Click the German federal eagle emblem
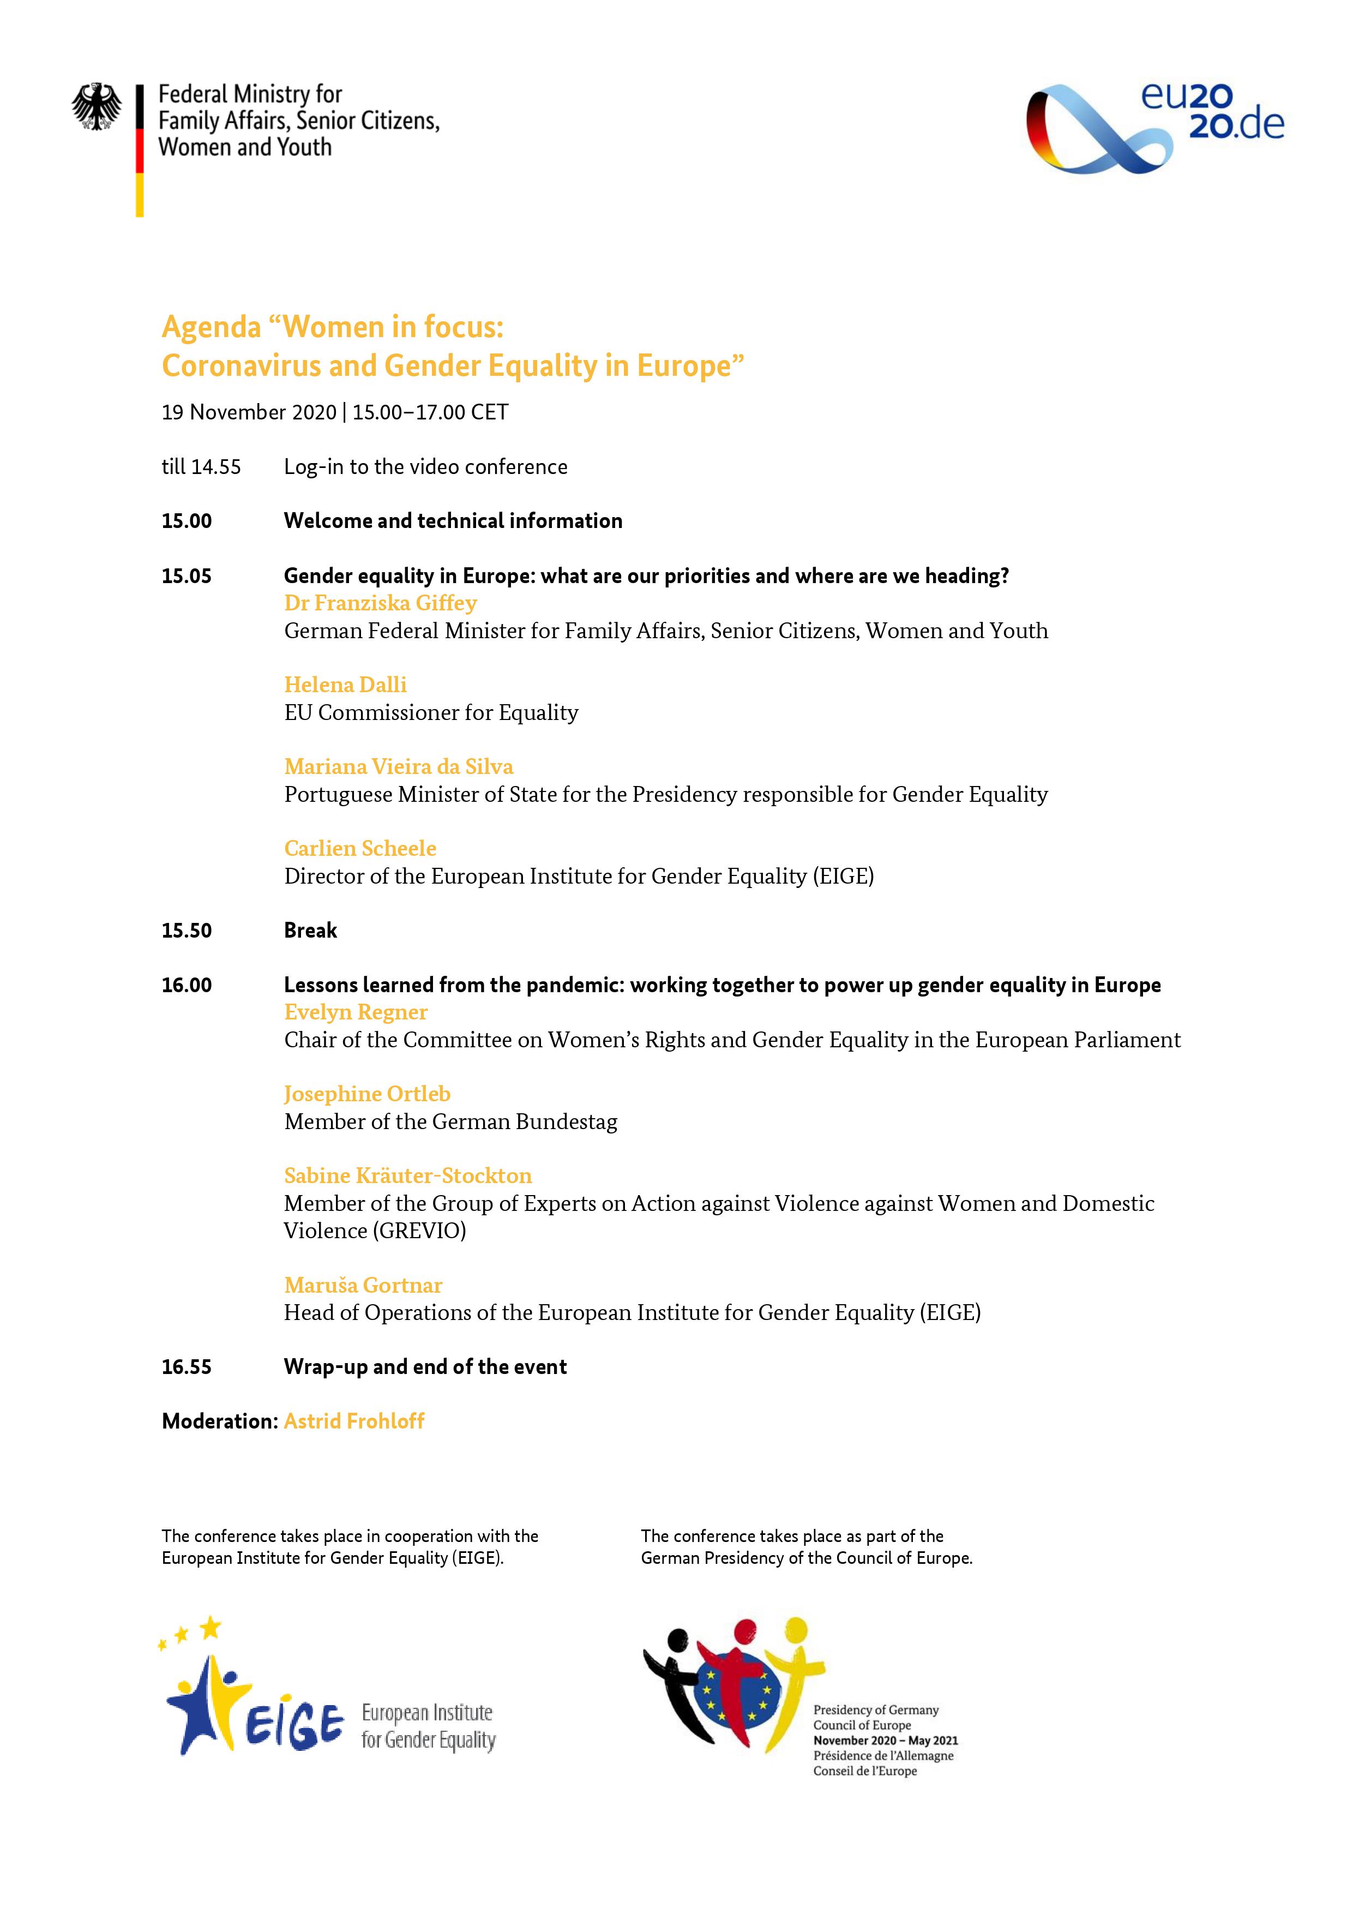97,107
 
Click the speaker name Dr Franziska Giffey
380,603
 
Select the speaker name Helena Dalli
345,685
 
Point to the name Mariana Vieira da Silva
399,766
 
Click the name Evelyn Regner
356,1012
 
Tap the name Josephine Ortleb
367,1094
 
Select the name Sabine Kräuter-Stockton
408,1175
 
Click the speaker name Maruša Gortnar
363,1285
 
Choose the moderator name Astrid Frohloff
354,1421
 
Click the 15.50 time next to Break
187,931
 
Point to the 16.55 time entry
187,1367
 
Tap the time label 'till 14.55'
201,467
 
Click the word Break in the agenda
310,931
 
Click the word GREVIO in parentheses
421,1231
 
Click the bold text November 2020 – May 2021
885,1741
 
